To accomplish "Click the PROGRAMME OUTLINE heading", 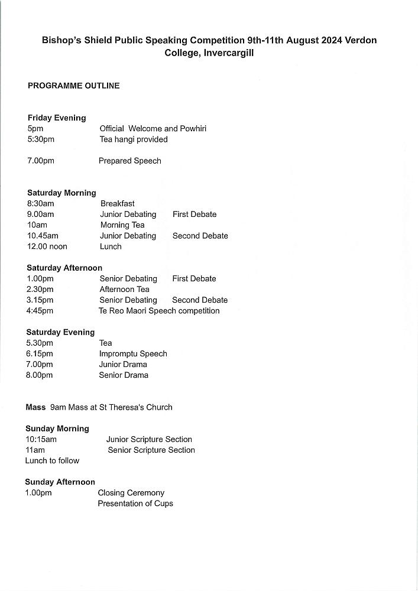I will [73, 86].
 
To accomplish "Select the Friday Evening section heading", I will [57, 118].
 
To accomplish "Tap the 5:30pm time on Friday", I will [41, 139].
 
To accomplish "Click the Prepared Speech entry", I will [129, 161].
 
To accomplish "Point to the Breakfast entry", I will [117, 204].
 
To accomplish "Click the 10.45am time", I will [43, 236].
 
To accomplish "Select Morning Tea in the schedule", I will [122, 225].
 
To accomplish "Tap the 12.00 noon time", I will [47, 246].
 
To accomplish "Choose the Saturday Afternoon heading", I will [64, 268].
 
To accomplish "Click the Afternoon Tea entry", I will [124, 290].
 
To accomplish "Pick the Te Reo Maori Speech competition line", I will [159, 311].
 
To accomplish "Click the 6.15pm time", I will [40, 354].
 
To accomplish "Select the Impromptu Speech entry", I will [133, 354].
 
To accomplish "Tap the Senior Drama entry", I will [124, 375].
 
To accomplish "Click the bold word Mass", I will [35, 407].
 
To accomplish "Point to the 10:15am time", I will [41, 440].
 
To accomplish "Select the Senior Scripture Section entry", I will [151, 450].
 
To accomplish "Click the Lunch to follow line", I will [52, 461].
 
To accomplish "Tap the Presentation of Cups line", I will [135, 504].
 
